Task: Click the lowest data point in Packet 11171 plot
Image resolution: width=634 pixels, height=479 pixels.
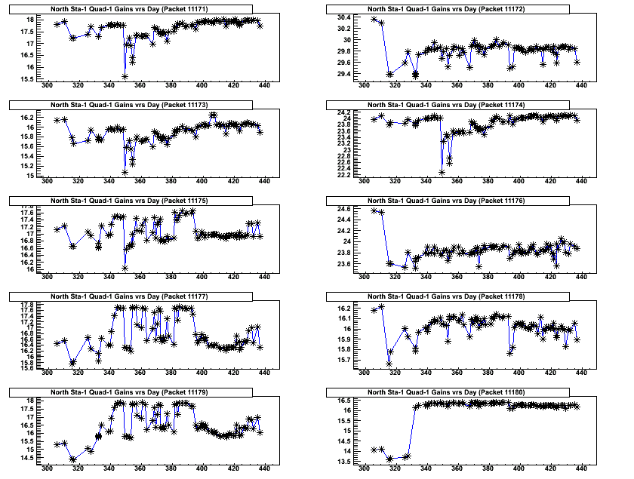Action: pos(125,76)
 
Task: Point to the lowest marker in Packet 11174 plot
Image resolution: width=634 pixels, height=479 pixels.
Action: pos(442,173)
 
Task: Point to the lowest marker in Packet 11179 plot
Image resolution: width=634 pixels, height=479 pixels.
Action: pos(73,459)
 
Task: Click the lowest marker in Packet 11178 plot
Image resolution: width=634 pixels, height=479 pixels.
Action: pos(389,364)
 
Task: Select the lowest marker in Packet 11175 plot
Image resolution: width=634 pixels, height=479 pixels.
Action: pos(125,268)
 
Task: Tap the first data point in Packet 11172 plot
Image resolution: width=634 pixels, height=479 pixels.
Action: pos(374,19)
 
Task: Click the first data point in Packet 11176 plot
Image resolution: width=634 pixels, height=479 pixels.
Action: pos(374,210)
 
